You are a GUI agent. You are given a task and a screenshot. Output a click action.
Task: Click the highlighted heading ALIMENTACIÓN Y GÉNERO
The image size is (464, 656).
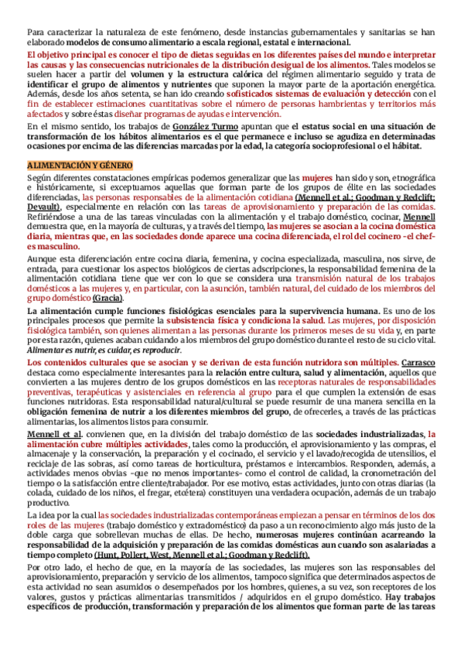pyautogui.click(x=80, y=166)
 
